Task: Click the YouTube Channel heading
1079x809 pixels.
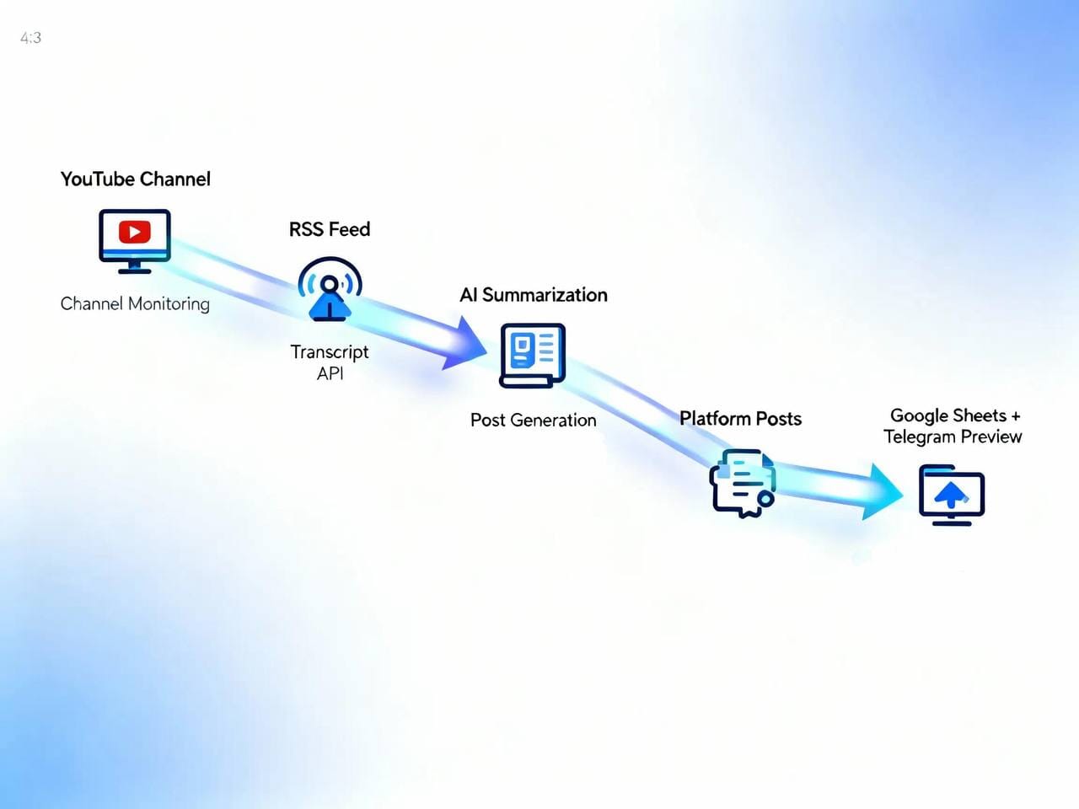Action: (x=136, y=179)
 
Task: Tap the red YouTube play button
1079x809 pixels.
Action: (x=135, y=232)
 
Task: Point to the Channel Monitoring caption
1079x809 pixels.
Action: (x=135, y=303)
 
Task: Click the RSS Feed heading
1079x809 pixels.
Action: (x=330, y=229)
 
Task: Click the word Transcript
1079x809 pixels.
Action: (x=330, y=351)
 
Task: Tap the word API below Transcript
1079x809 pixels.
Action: (x=330, y=373)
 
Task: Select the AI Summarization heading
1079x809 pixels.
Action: (x=534, y=295)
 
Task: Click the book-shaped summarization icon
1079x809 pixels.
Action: (x=532, y=355)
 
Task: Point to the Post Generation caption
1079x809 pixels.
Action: (x=533, y=420)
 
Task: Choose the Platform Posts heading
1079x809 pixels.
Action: (x=740, y=419)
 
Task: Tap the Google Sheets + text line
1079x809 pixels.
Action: (x=955, y=415)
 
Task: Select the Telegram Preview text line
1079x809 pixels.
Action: (x=953, y=437)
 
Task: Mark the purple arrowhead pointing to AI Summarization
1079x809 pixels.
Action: (x=466, y=343)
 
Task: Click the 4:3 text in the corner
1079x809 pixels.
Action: (x=31, y=38)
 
